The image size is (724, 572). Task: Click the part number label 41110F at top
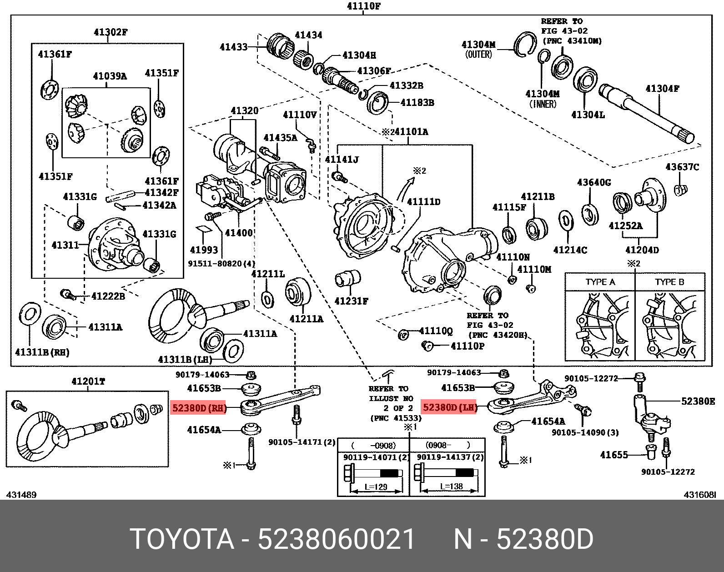[x=363, y=6]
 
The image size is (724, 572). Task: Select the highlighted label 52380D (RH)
[x=199, y=408]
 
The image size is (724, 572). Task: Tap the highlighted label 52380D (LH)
[x=449, y=407]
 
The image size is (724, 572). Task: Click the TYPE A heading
[x=600, y=282]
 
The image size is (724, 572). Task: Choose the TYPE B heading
[x=669, y=282]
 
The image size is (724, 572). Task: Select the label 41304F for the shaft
[x=662, y=89]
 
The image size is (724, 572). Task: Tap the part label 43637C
[x=682, y=167]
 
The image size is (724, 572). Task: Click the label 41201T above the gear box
[x=88, y=381]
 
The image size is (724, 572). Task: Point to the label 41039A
[x=110, y=76]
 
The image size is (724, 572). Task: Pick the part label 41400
[x=239, y=233]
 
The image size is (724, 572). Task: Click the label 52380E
[x=698, y=401]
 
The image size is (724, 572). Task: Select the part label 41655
[x=614, y=455]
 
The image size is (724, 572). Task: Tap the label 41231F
[x=351, y=301]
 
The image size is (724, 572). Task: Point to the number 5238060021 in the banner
[x=336, y=540]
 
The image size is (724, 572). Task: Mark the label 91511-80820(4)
[x=221, y=263]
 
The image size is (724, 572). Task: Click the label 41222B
[x=108, y=296]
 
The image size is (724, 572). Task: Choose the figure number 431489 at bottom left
[x=21, y=495]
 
